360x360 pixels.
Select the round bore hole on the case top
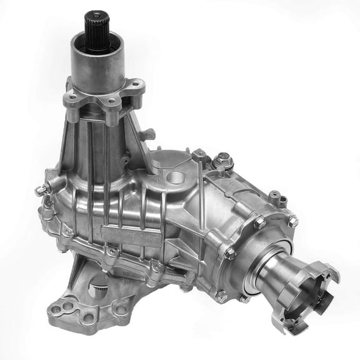[x=177, y=177]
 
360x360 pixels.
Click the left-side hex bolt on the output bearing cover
[x=229, y=253]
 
